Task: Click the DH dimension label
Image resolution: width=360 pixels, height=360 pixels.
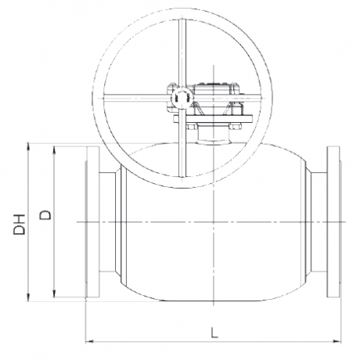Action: coord(20,225)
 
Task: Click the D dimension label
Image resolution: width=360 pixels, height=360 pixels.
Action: coord(45,214)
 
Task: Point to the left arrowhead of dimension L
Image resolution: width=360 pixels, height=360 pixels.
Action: coord(89,340)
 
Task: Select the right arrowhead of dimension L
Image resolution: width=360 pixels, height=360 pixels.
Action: coord(337,340)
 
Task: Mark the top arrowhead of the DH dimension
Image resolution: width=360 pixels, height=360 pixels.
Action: coord(28,147)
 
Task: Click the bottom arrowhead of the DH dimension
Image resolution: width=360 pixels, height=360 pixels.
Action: coord(28,297)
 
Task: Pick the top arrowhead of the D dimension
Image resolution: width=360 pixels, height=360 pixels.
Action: coord(54,150)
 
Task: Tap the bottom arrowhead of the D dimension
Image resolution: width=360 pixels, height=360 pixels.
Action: coord(54,293)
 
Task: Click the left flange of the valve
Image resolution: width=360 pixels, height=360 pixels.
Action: coord(92,221)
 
